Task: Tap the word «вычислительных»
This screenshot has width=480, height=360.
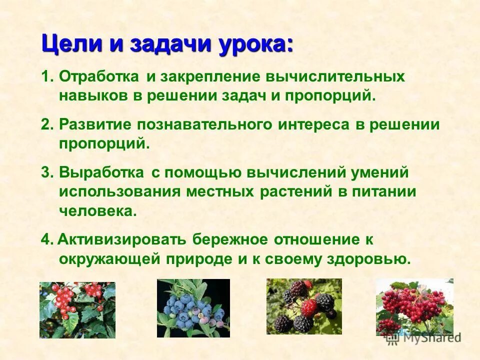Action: pos(336,77)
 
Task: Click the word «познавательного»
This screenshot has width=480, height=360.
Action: pos(204,125)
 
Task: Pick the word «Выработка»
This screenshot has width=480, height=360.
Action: pos(100,173)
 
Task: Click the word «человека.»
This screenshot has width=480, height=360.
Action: pos(97,210)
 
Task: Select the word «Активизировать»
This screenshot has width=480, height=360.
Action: pos(122,239)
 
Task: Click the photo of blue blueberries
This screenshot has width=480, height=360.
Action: pos(193,308)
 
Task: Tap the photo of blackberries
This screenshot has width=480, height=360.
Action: pos(304,306)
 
